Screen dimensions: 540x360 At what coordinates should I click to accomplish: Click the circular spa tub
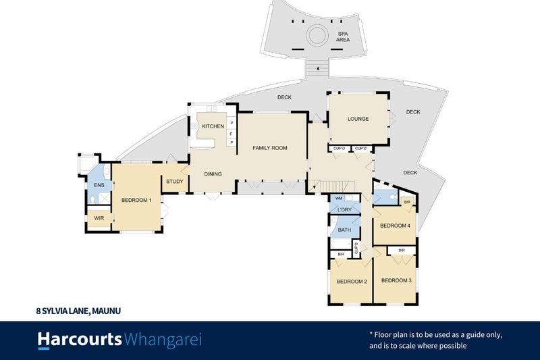tap(317, 36)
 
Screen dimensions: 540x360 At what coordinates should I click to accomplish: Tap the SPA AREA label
tap(343, 36)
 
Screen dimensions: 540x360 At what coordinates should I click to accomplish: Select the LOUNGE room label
tap(358, 119)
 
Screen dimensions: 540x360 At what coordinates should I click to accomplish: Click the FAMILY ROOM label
tap(269, 148)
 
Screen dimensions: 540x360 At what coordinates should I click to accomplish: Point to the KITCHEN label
tap(213, 126)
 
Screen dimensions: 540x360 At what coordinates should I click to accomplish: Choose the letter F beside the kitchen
tap(232, 134)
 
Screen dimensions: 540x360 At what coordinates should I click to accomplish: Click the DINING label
tap(213, 174)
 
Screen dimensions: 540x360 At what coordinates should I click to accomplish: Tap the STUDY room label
tap(175, 182)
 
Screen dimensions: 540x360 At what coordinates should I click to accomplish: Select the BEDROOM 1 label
tap(136, 200)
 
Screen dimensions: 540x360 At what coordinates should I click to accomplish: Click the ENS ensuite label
tap(99, 185)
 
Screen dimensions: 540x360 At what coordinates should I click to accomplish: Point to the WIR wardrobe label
tap(99, 218)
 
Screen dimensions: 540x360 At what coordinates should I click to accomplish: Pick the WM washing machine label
tap(339, 199)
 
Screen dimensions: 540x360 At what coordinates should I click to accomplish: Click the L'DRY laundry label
tap(344, 209)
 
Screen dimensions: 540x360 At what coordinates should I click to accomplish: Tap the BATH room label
tap(344, 230)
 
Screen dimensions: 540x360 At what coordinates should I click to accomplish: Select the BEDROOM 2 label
tap(352, 282)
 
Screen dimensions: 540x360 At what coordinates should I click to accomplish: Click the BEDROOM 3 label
tap(396, 280)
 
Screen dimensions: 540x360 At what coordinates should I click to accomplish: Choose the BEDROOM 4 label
tap(395, 226)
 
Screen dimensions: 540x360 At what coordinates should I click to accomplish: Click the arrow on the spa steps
tap(318, 68)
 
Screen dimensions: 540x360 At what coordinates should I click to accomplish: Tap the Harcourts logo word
tap(80, 340)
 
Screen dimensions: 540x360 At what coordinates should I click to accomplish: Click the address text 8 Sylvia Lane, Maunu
tap(78, 311)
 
